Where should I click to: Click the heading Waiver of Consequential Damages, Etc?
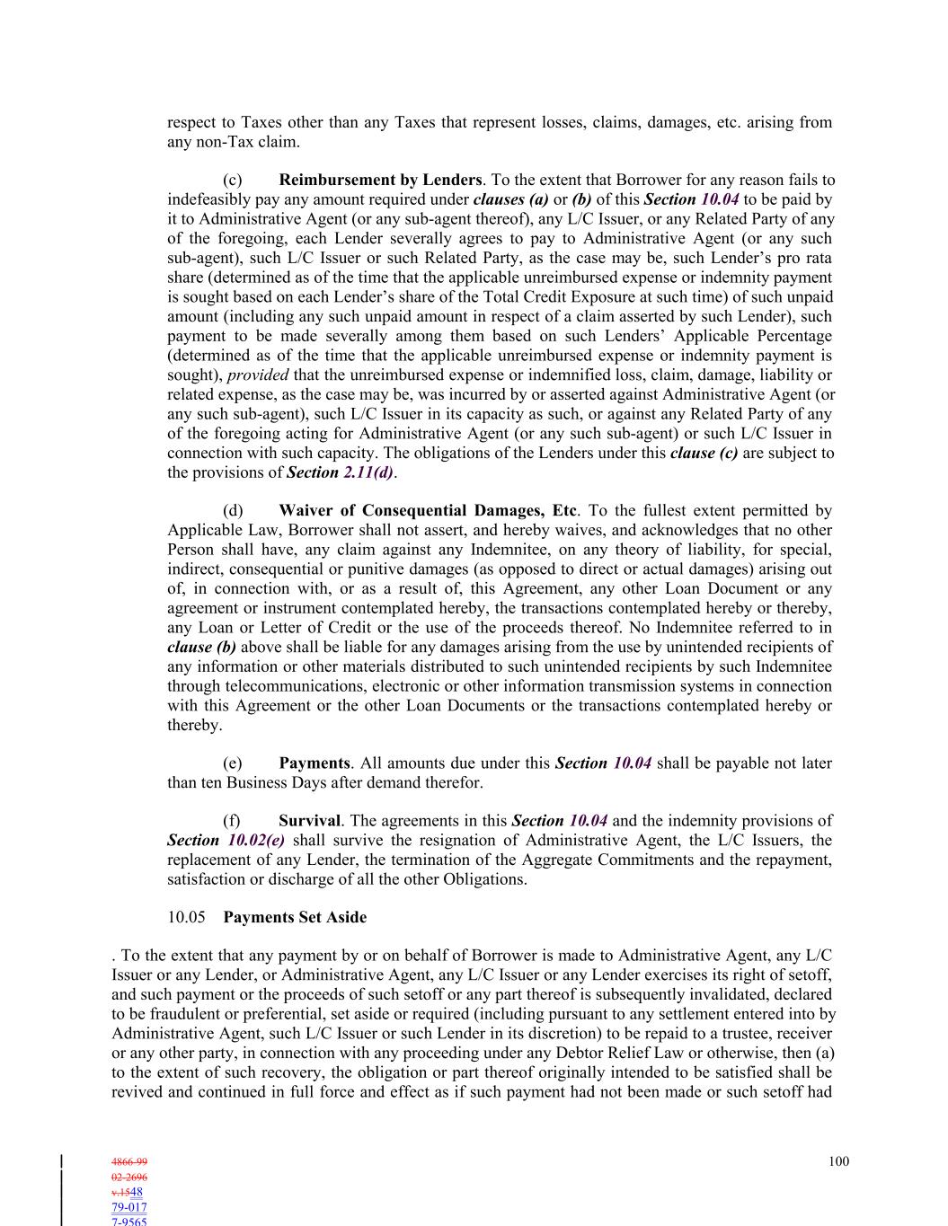click(x=428, y=511)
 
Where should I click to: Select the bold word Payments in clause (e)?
click(x=314, y=763)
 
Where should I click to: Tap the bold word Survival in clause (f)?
click(x=309, y=821)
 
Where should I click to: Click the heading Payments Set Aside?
click(x=295, y=918)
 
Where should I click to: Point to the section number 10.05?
click(x=186, y=918)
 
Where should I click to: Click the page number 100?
click(x=838, y=1162)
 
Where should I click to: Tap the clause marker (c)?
click(x=232, y=181)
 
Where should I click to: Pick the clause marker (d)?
click(x=233, y=511)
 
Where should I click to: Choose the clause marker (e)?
click(x=232, y=763)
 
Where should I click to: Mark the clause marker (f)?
click(x=232, y=821)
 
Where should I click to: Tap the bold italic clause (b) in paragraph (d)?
click(x=202, y=648)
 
